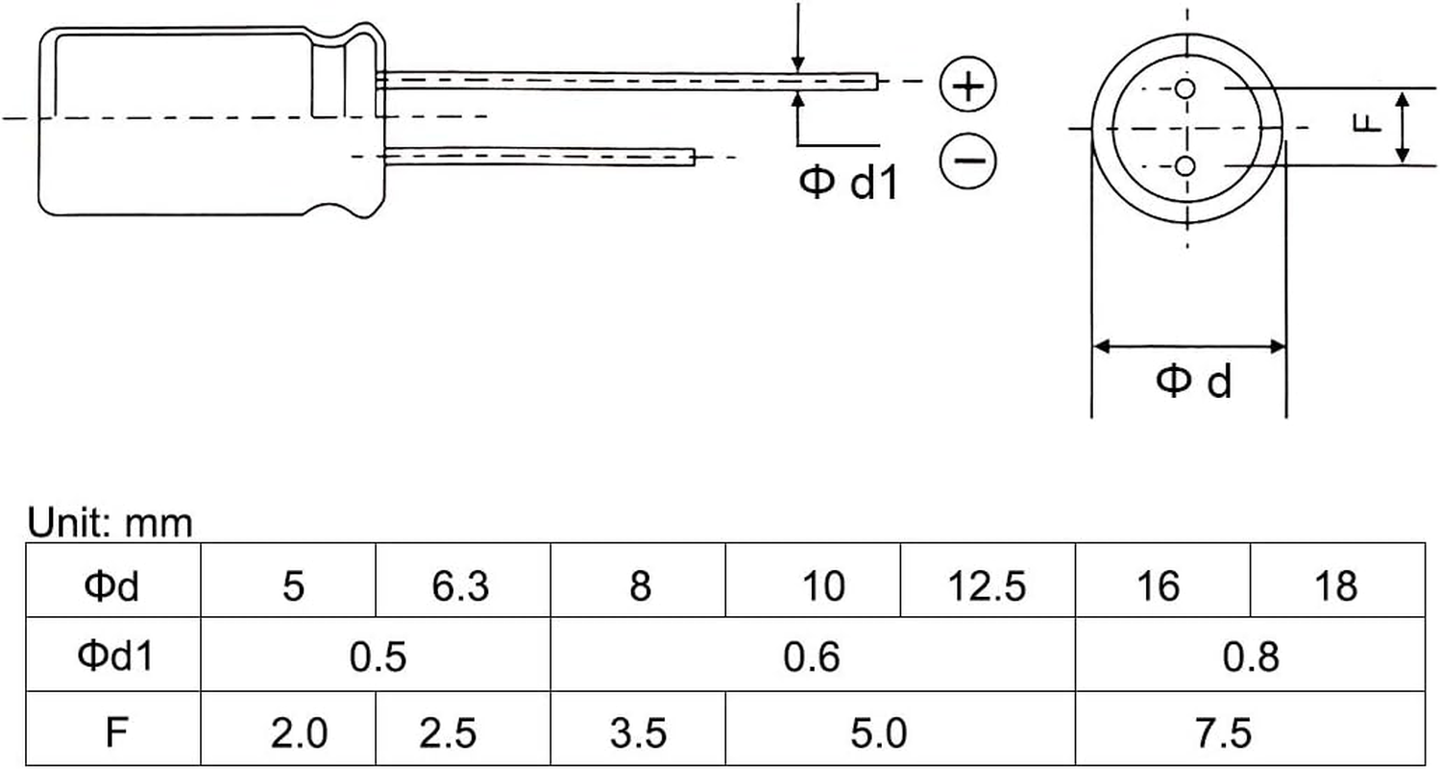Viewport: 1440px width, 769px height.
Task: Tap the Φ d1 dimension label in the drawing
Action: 849,181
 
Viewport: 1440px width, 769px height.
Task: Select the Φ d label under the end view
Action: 1193,381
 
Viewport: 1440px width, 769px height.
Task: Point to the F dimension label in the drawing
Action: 1371,123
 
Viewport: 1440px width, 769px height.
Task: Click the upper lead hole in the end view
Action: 1184,90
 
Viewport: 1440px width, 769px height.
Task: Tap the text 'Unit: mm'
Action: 110,523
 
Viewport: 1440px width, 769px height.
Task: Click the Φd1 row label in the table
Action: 114,656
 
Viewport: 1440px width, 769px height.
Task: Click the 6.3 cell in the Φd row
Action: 461,583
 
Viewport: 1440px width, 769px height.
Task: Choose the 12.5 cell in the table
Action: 987,583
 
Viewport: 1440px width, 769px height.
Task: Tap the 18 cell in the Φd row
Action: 1336,583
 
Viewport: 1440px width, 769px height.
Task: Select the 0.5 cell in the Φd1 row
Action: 378,656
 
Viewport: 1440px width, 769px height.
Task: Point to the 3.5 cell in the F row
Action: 638,732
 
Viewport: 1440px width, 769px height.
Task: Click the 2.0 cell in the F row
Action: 298,732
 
